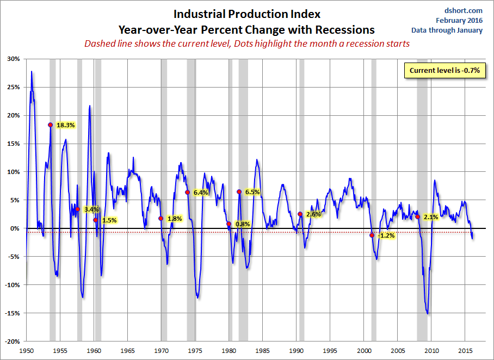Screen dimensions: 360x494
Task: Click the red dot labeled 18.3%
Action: coord(51,125)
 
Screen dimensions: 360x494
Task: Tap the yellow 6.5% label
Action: coord(252,192)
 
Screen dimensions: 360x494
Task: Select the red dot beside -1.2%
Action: coord(372,235)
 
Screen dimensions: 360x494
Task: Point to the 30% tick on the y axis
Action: coord(13,59)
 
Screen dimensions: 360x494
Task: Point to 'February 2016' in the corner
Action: coord(459,20)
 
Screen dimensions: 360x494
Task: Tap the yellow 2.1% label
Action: coord(431,217)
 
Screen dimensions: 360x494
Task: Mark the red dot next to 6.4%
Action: coord(188,192)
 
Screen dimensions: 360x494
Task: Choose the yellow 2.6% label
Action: coord(313,214)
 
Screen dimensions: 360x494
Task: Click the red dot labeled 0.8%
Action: coord(229,224)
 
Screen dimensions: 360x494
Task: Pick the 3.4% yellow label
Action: coord(91,209)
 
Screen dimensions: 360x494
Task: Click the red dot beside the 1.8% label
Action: coord(160,218)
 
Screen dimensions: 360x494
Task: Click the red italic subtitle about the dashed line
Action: coord(246,44)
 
